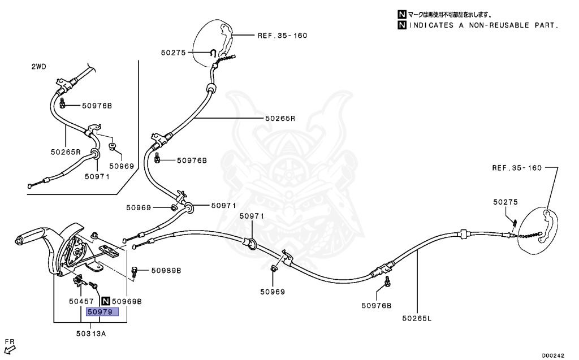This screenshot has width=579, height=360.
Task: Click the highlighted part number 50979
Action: (102, 311)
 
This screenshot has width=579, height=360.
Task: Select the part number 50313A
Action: (90, 334)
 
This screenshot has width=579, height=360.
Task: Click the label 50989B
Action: (166, 271)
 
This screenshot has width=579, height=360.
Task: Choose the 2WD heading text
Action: (38, 67)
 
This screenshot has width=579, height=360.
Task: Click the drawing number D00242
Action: (553, 355)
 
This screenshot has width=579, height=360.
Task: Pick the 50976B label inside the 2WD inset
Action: (97, 106)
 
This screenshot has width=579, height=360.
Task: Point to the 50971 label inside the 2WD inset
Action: (97, 176)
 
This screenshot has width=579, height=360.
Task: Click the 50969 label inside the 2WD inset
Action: (122, 166)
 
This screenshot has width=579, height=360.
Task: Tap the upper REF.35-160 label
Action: (282, 35)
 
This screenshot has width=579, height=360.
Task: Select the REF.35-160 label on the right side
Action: (516, 168)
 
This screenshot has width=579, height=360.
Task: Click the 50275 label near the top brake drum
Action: (173, 53)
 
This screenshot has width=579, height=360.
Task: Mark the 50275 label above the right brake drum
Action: (505, 202)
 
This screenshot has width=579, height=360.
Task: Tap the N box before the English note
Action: (401, 25)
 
